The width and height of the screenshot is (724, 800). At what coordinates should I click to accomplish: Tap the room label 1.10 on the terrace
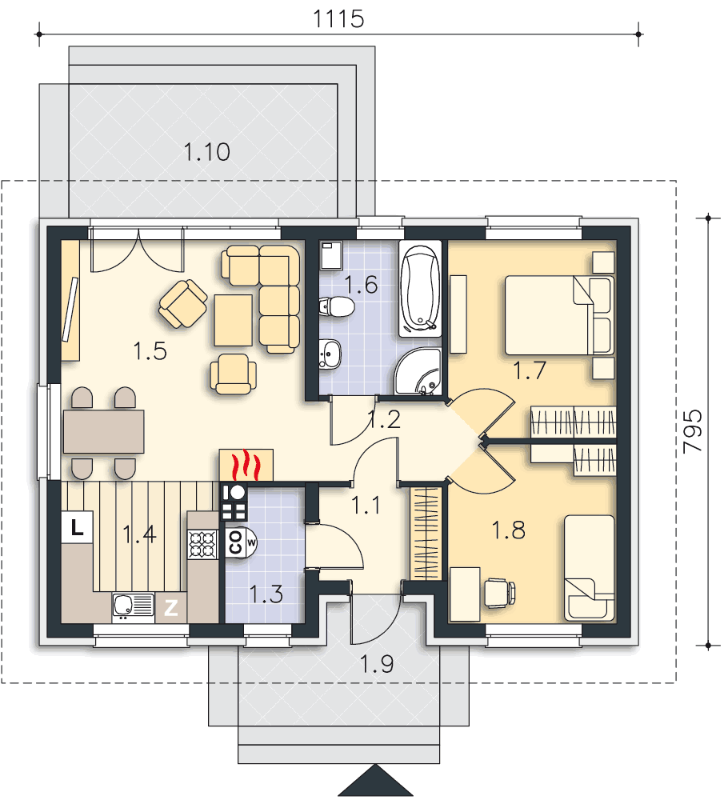click(x=207, y=151)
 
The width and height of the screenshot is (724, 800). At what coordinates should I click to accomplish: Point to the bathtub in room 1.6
click(x=420, y=290)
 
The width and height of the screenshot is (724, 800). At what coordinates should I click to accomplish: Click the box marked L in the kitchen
click(x=78, y=527)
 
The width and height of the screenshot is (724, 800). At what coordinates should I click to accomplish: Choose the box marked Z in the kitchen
click(x=170, y=609)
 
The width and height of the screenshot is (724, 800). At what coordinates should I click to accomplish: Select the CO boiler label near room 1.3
click(x=236, y=542)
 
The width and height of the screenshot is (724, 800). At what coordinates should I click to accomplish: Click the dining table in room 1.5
click(x=103, y=431)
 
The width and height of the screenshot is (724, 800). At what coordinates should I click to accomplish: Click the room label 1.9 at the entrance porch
click(x=376, y=664)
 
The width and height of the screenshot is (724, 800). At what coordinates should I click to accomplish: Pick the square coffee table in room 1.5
click(x=232, y=319)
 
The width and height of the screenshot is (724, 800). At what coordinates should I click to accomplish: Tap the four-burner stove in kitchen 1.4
click(x=202, y=544)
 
